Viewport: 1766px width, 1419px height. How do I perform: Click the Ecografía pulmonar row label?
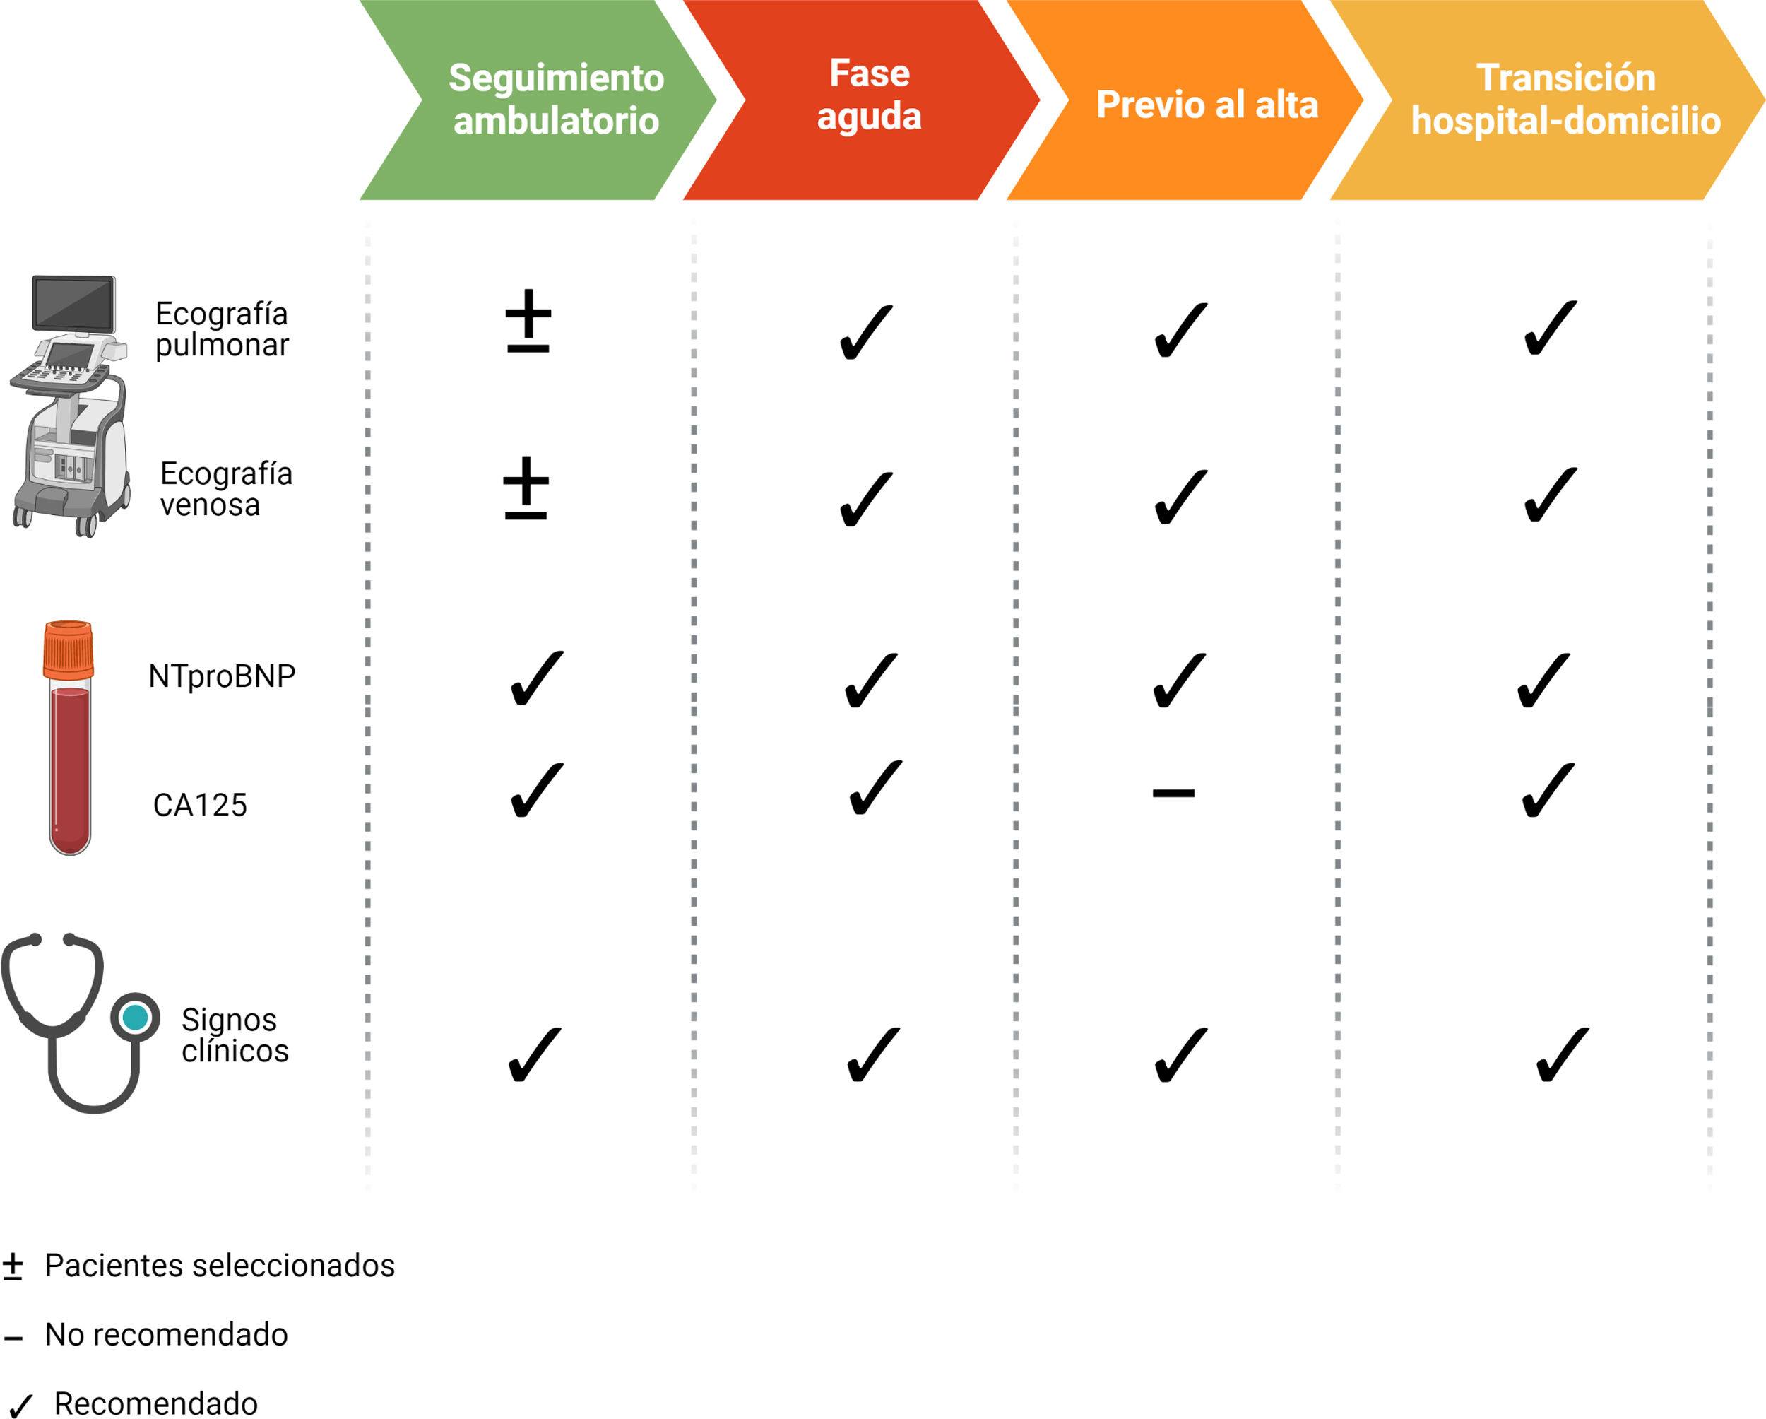point(222,329)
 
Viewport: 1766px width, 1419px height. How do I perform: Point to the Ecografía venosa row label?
point(226,489)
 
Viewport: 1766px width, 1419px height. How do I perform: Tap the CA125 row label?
point(200,806)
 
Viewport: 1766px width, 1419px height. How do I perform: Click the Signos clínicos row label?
point(235,1035)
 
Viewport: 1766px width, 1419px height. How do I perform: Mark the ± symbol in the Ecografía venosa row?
point(526,488)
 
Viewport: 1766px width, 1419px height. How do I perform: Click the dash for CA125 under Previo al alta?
point(1173,793)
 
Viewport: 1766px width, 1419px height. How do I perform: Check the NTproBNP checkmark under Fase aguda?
point(870,680)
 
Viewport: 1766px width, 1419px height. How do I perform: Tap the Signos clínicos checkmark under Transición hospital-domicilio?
point(1562,1055)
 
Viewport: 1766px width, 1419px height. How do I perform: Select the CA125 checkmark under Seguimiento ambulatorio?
point(537,790)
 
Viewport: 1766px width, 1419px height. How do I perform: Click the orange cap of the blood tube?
point(69,649)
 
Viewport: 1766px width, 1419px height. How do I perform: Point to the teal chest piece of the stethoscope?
point(135,1017)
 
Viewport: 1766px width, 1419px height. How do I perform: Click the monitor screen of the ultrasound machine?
point(73,303)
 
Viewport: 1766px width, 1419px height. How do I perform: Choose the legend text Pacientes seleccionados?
point(220,1266)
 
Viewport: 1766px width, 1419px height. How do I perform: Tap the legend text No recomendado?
point(166,1335)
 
